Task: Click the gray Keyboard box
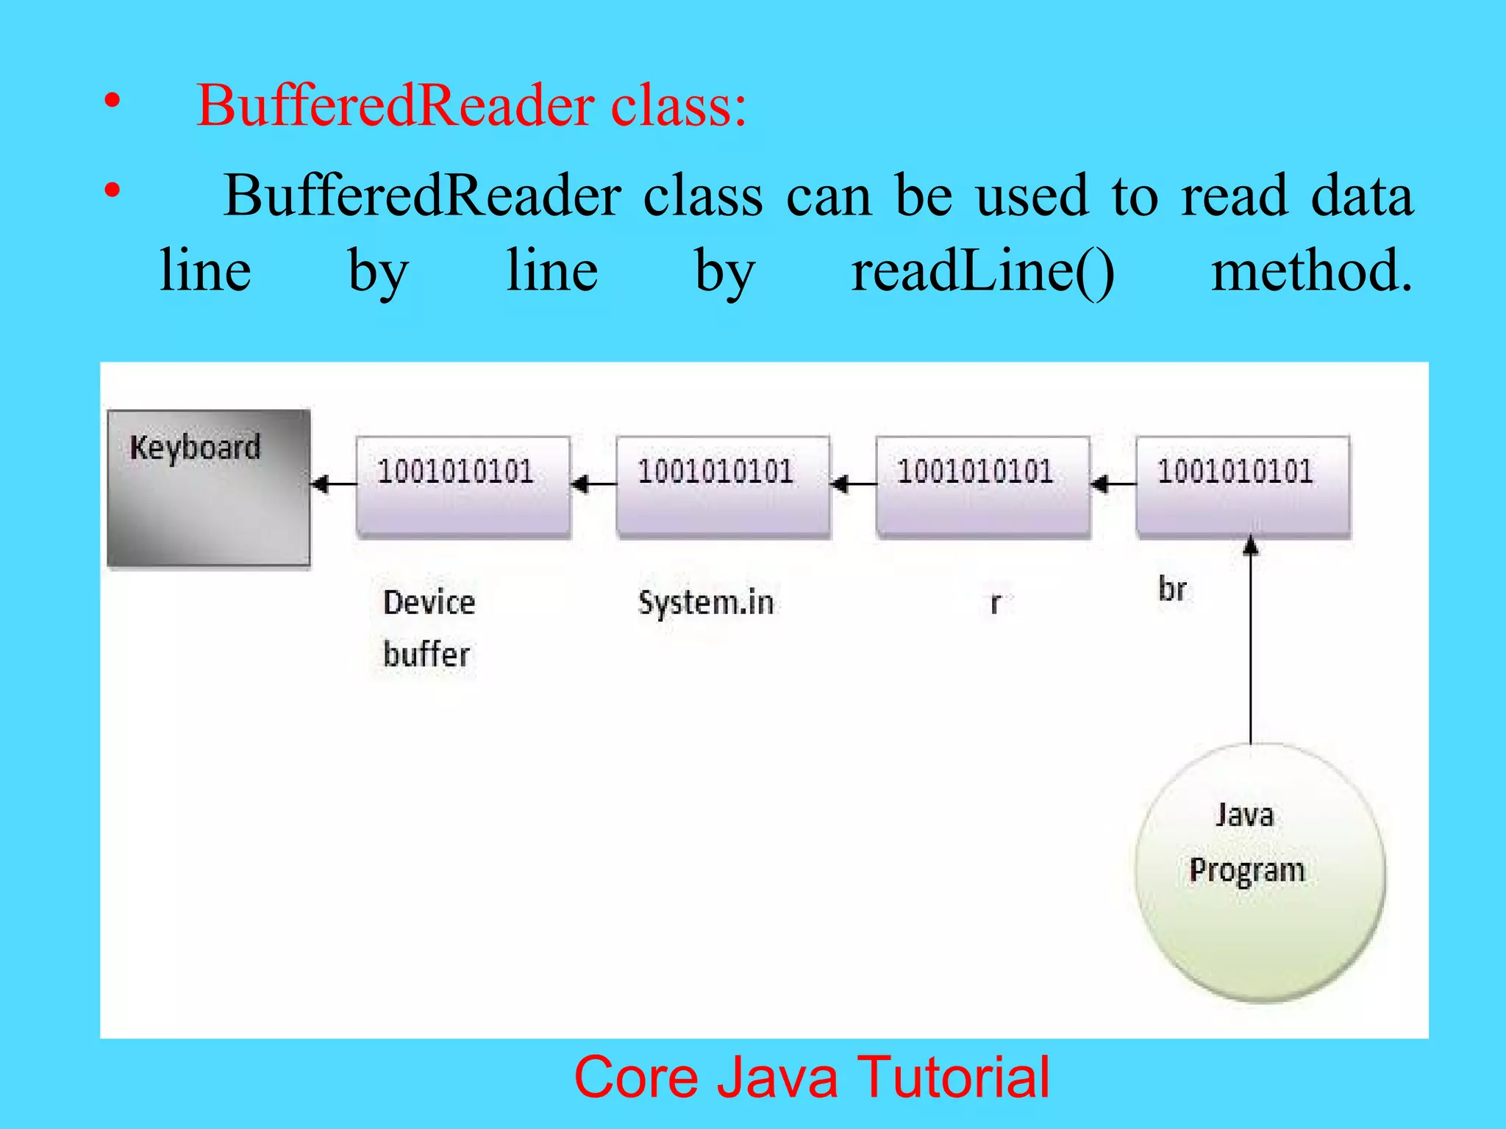tap(209, 489)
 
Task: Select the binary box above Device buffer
tap(463, 487)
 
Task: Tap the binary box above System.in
tap(724, 487)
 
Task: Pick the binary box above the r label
tap(983, 487)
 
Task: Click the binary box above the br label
tap(1243, 487)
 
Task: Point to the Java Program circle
tap(1259, 872)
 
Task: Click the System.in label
tap(706, 603)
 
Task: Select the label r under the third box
tap(995, 603)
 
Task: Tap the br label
tap(1172, 589)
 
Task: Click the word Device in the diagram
tap(429, 603)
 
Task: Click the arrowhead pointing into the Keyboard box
tap(321, 484)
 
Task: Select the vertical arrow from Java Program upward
tap(1251, 647)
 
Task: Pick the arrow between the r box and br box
tap(1113, 484)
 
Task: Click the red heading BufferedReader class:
tap(471, 106)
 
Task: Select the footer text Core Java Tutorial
tap(812, 1078)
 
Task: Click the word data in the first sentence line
tap(1361, 196)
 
